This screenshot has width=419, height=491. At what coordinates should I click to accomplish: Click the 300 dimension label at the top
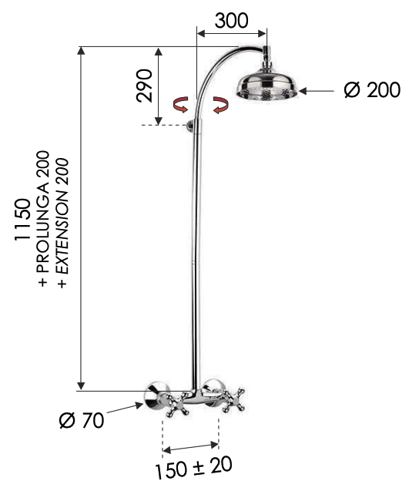[x=232, y=21]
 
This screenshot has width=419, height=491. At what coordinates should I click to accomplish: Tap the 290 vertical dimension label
[x=144, y=86]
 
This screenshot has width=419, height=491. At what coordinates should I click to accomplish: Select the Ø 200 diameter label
[x=372, y=90]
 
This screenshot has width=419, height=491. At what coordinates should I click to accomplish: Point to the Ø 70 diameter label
[x=82, y=420]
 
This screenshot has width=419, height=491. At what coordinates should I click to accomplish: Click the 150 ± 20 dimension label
[x=193, y=468]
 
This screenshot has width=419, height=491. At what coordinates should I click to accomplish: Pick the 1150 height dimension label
[x=23, y=219]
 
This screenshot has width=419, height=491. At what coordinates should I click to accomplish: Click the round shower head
[x=266, y=86]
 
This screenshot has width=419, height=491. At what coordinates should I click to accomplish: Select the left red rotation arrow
[x=181, y=104]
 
